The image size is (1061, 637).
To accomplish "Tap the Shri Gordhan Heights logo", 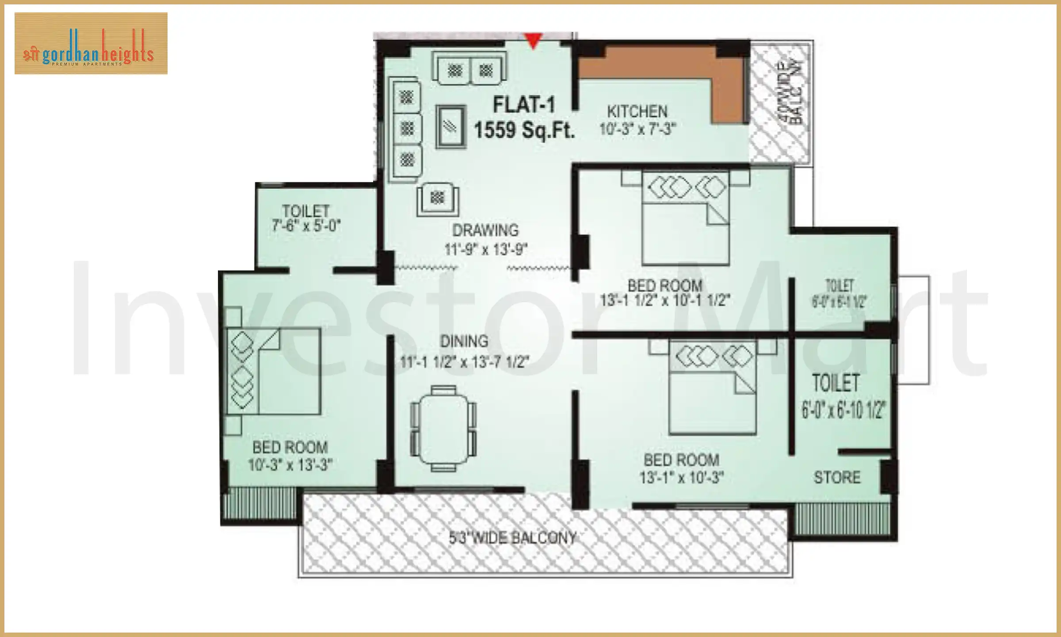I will pos(91,43).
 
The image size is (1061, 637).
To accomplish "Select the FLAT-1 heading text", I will pos(523,105).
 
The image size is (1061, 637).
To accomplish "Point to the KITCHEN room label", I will pos(637,111).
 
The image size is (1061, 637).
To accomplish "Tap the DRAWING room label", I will pos(485,230).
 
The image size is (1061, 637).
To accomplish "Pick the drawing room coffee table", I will pos(451,127).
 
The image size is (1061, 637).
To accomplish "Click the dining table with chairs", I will pos(443,428).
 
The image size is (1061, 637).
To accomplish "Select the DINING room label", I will pos(464,342).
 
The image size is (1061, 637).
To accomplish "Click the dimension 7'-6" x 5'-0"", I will pos(306,226).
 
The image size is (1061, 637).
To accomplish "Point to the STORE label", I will pos(837,478).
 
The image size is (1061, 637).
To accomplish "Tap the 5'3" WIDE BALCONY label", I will pos(512,538).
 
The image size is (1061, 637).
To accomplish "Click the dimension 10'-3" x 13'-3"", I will pos(290,465).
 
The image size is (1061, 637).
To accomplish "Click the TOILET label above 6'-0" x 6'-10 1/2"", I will pos(836,383).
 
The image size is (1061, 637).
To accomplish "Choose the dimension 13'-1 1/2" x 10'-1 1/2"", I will pos(665,300).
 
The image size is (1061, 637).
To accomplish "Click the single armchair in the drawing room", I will pos(438,200).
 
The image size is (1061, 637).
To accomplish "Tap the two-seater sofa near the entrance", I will pos(470,69).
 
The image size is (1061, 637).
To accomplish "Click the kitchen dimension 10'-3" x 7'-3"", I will pos(637,129).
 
